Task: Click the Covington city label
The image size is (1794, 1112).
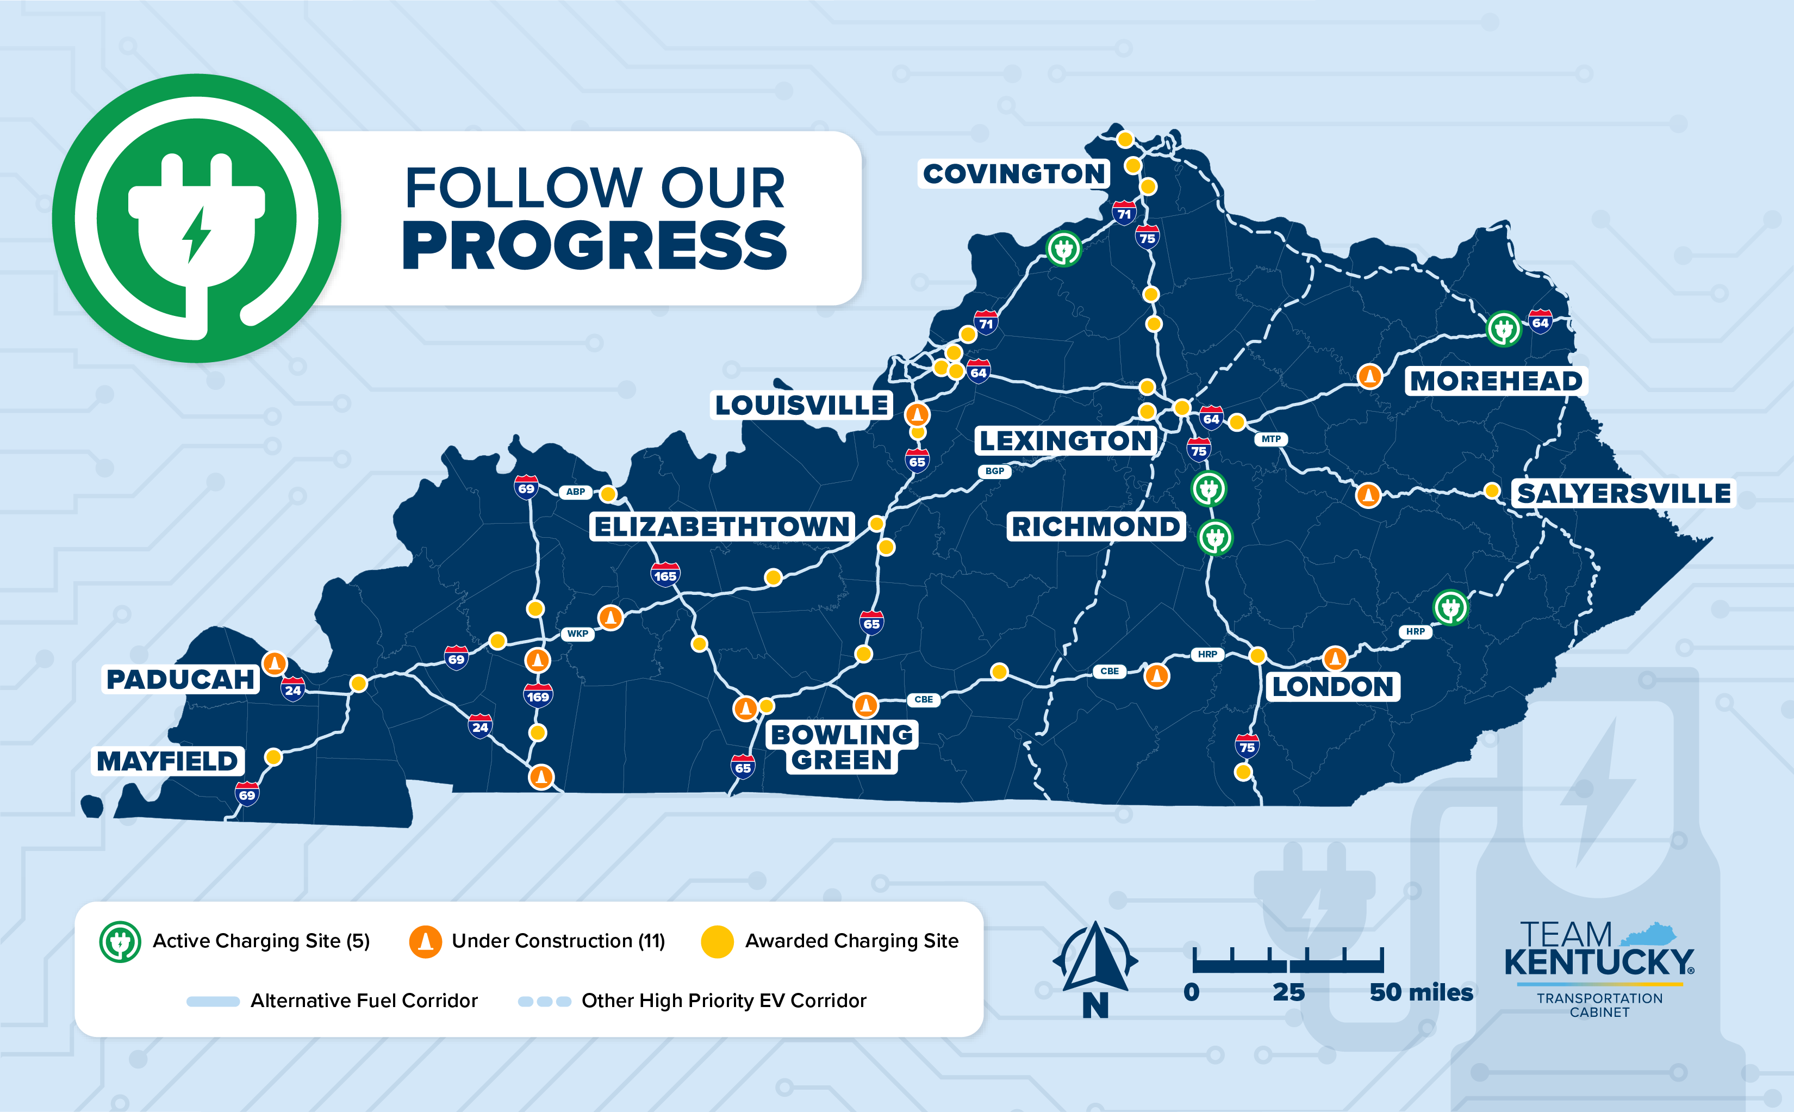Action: [1014, 175]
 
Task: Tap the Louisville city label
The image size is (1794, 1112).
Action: [801, 405]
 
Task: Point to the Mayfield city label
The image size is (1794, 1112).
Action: [167, 761]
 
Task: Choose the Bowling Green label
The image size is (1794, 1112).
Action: [842, 747]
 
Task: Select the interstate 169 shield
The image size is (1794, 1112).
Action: [538, 695]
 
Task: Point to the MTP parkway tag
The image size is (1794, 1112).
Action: [1271, 439]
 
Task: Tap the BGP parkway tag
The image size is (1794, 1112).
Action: [994, 471]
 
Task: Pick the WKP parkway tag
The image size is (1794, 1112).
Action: [577, 633]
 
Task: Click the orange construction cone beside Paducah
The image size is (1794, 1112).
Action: [274, 663]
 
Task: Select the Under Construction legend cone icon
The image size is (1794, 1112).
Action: [425, 941]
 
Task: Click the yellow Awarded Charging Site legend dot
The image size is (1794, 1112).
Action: [717, 941]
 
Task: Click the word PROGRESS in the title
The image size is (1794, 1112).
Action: [594, 246]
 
